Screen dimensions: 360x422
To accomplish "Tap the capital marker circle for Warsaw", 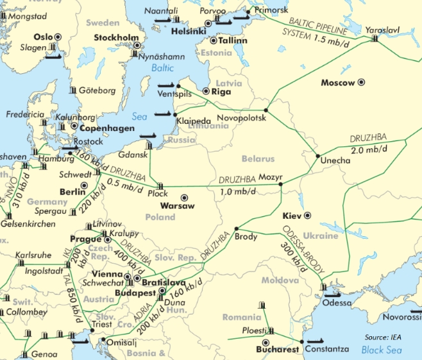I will (x=185, y=198).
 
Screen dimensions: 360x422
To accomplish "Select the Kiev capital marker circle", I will (x=307, y=216).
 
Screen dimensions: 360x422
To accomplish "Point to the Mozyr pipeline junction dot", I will (x=281, y=185).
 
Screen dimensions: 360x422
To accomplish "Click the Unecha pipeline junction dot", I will (x=317, y=156).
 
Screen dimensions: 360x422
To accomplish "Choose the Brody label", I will (x=246, y=237).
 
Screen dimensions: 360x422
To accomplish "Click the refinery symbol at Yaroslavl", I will (x=375, y=39).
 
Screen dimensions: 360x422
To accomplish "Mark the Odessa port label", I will (x=337, y=302).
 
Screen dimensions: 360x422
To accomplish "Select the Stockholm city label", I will (x=117, y=38).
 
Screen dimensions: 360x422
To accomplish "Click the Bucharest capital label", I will (x=276, y=350).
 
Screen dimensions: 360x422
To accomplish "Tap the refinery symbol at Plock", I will (x=160, y=185).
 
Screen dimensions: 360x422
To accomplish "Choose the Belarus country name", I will (x=258, y=159).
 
